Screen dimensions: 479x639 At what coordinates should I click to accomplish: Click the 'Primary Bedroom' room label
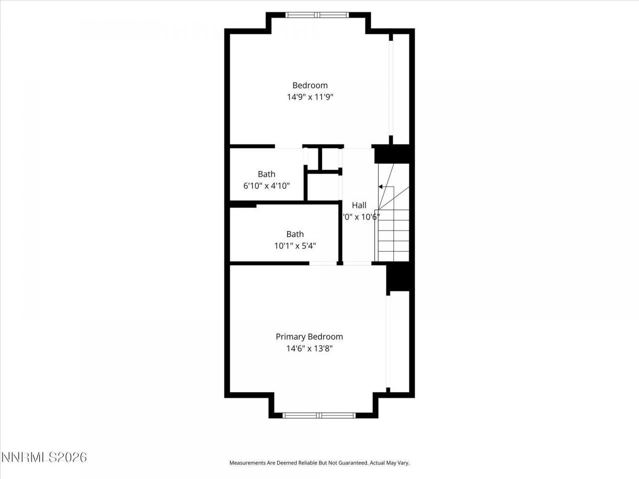[x=309, y=337]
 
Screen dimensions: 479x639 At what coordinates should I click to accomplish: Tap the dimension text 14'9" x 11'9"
[x=310, y=97]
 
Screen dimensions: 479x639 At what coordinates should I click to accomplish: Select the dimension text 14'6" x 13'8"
[x=309, y=349]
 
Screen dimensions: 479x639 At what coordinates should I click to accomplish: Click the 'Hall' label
[x=359, y=205]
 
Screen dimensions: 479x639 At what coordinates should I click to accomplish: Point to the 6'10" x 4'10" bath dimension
[x=267, y=186]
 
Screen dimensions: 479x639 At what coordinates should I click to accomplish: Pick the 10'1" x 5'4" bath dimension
[x=295, y=246]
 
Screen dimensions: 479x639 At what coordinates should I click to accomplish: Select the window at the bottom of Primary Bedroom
[x=319, y=415]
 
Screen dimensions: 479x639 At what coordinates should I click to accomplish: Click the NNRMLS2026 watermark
[x=44, y=457]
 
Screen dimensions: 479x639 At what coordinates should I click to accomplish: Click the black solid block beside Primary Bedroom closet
[x=399, y=277]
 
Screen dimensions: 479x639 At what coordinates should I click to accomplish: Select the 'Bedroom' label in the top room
[x=310, y=85]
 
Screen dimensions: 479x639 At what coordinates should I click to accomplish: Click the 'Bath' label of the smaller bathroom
[x=267, y=174]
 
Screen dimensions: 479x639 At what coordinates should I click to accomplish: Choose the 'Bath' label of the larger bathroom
[x=295, y=234]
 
